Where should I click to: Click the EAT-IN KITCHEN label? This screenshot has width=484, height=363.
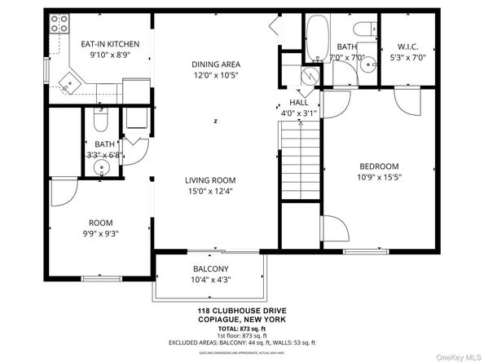tap(109, 44)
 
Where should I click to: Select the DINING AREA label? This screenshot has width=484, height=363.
tap(216, 64)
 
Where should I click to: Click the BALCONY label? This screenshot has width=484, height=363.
tap(210, 269)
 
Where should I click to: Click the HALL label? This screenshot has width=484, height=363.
tap(298, 103)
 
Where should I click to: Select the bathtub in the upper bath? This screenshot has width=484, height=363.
tap(318, 41)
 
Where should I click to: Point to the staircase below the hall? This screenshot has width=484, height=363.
tap(299, 163)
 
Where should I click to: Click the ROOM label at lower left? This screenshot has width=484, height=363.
tap(101, 223)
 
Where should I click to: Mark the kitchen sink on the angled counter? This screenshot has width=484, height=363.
tap(71, 80)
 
